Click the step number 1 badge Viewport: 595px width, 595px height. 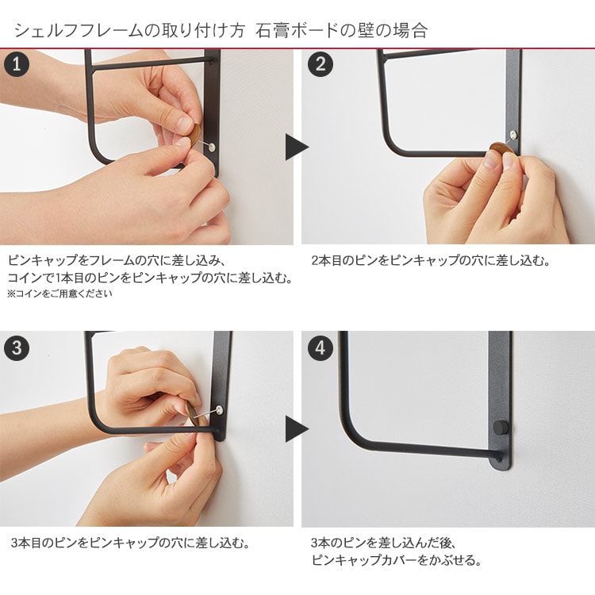point(17,64)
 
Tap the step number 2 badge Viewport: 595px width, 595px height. point(321,64)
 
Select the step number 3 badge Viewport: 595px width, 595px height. point(17,347)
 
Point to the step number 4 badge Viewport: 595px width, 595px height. point(321,347)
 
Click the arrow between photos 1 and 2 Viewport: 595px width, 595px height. point(297,147)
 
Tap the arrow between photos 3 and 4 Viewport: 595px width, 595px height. point(297,429)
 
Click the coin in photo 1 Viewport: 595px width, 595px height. point(195,135)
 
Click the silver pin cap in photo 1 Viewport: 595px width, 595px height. point(212,148)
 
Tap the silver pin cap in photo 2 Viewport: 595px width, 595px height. point(513,134)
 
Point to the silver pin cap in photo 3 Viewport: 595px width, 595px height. point(219,409)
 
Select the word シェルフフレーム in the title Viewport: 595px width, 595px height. point(78,30)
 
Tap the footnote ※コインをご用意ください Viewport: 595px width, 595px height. point(59,294)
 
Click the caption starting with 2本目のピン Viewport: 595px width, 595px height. point(430,261)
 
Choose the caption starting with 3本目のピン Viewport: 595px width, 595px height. point(131,543)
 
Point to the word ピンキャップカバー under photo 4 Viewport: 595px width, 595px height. point(364,560)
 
